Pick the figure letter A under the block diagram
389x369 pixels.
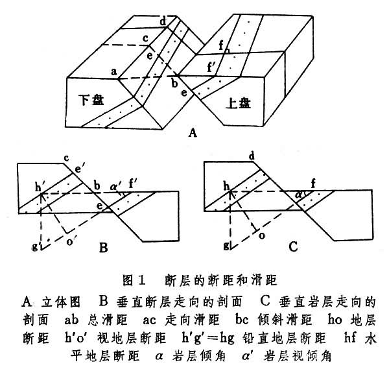pos(192,134)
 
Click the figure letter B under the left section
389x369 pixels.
pos(104,246)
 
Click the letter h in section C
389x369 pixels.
pos(227,185)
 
